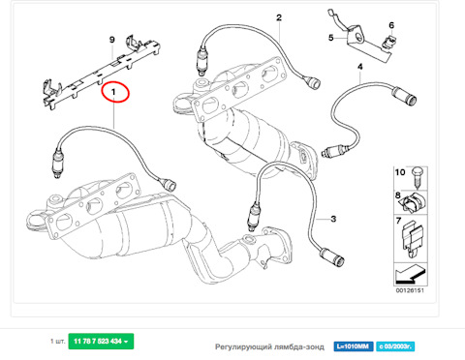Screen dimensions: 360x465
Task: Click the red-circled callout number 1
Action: click(119, 92)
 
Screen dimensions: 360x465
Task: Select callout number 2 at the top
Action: click(278, 17)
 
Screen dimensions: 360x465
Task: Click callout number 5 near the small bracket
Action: click(329, 38)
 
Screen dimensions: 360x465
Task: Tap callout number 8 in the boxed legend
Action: click(398, 196)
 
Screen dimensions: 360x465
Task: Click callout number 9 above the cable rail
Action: click(112, 39)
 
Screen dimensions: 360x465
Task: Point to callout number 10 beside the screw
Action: click(397, 171)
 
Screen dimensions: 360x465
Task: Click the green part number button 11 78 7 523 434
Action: click(102, 343)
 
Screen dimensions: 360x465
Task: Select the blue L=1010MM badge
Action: click(354, 344)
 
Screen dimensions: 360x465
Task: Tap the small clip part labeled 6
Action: click(392, 41)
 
